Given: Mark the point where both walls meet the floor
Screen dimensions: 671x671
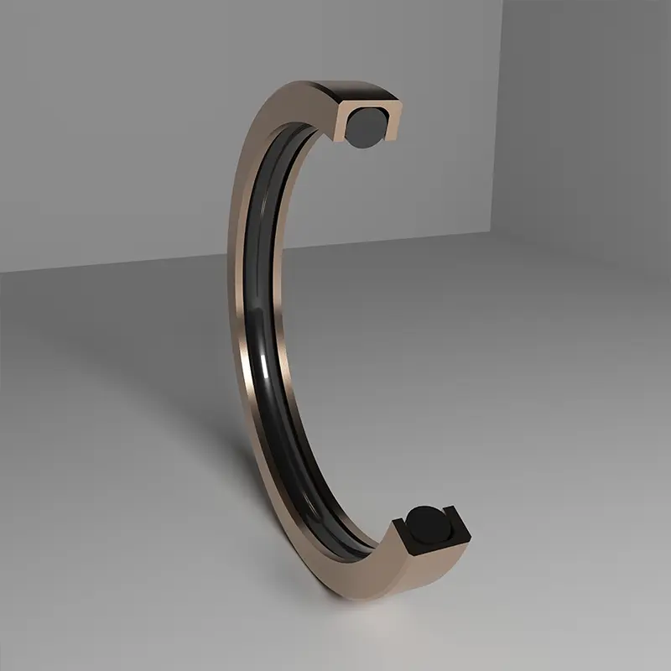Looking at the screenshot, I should [x=502, y=232].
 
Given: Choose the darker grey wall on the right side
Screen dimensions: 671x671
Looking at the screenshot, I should [x=587, y=126].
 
